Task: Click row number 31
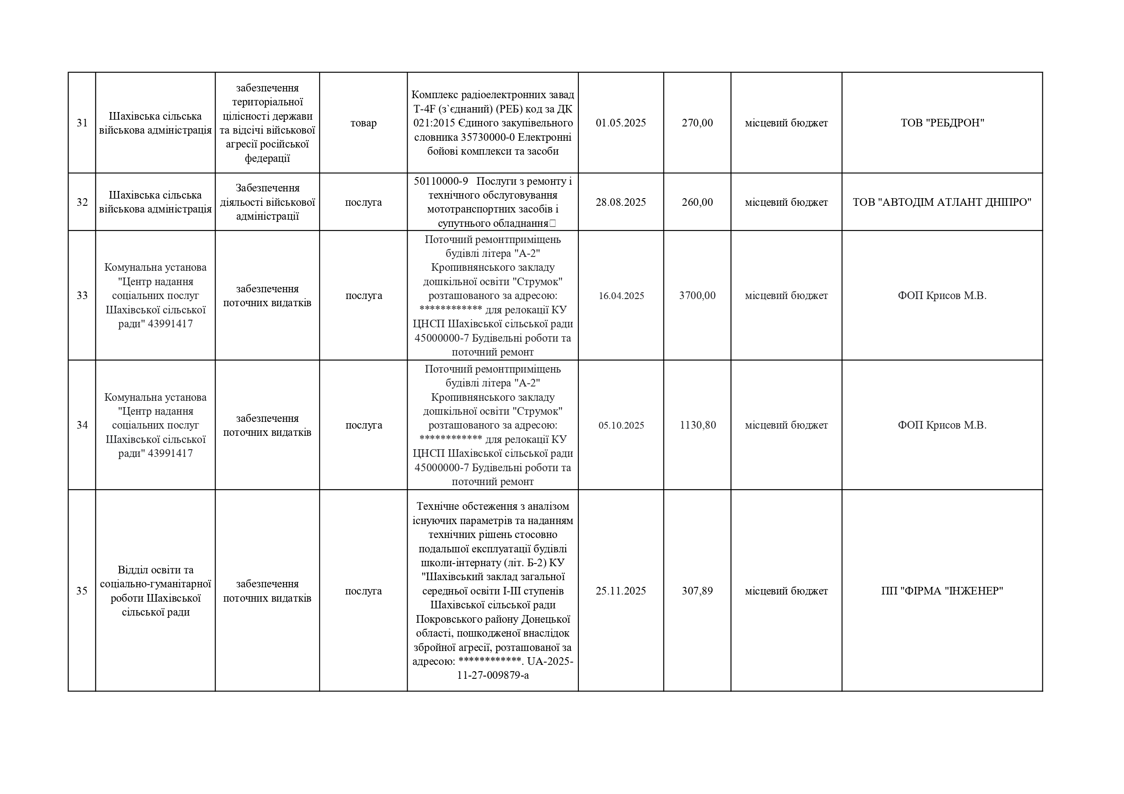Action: [x=82, y=123]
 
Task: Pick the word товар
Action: [x=363, y=123]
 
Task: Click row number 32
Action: [x=82, y=202]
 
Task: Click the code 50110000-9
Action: [x=441, y=182]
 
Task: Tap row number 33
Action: [x=82, y=295]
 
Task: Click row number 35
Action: [x=82, y=591]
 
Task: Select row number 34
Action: [x=82, y=425]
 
